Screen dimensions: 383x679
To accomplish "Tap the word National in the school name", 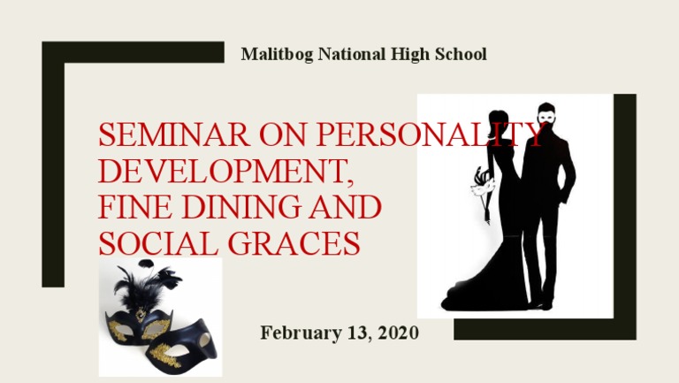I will [346, 55].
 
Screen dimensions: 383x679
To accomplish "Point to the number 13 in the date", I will [352, 333].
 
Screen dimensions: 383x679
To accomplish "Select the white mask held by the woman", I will [483, 185].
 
